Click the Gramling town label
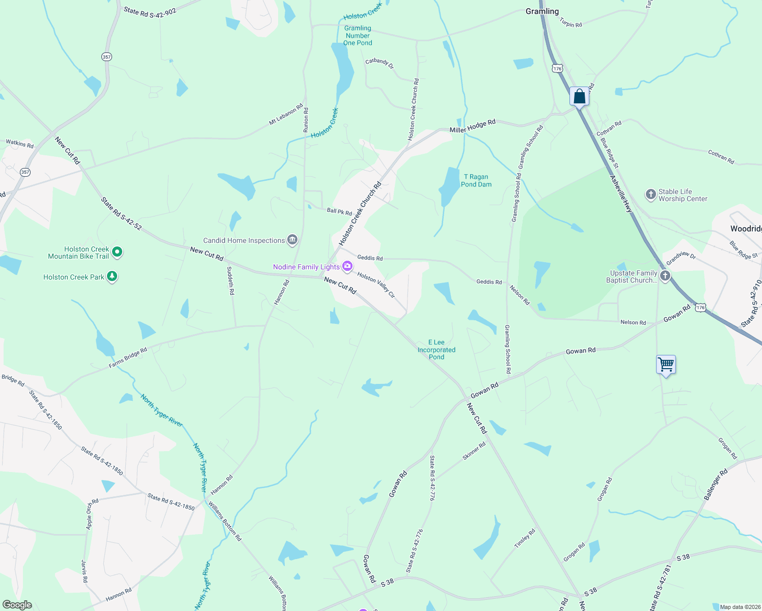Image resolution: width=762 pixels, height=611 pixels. (542, 11)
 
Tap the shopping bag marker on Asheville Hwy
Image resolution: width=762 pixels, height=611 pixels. (579, 96)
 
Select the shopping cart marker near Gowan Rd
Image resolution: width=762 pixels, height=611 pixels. (666, 365)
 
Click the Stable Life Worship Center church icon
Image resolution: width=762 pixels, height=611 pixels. (650, 195)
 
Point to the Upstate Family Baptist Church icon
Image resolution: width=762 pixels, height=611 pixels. (665, 276)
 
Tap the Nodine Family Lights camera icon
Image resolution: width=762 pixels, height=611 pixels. (347, 266)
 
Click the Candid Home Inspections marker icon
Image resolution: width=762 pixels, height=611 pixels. (292, 240)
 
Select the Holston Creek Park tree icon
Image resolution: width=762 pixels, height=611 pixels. (112, 277)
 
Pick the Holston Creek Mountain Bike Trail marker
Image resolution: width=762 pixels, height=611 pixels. (117, 252)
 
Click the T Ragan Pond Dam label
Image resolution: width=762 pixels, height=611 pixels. (476, 181)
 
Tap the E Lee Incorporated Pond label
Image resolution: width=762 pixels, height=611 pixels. (437, 350)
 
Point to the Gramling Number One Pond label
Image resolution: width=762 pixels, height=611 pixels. (358, 36)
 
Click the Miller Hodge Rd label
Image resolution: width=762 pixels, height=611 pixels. (472, 127)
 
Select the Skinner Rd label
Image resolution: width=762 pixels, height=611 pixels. (474, 451)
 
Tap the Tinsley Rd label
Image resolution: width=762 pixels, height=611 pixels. (525, 539)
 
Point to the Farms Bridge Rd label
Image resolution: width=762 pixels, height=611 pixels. (128, 357)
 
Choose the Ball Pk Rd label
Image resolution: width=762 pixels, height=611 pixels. (339, 212)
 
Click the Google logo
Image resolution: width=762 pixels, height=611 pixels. (17, 604)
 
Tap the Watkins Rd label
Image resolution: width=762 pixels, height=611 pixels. (19, 144)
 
